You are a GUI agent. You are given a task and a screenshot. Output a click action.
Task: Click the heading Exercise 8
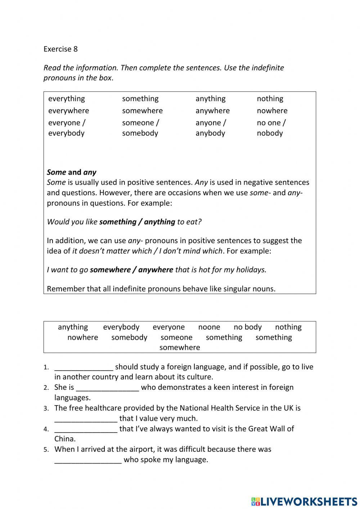pos(60,49)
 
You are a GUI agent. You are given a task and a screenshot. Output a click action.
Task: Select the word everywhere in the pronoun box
pos(68,111)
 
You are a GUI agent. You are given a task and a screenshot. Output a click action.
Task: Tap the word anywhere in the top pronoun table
pos(212,111)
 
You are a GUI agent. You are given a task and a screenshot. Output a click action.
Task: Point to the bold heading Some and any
pos(71,172)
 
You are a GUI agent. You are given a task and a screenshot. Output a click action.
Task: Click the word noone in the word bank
pos(209,327)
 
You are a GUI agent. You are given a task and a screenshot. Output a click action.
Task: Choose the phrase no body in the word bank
pos(247,327)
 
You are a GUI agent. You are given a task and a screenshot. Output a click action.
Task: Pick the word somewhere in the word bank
pos(180,347)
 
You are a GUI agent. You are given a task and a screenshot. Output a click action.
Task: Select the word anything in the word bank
pos(73,327)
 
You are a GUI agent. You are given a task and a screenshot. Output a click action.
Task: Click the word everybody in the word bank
pos(121,327)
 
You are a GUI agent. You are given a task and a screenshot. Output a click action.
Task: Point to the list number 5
pos(46,450)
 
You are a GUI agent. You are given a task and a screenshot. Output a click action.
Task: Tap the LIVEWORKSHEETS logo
pos(304,501)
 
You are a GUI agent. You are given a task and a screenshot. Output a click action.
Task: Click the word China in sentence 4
pos(65,439)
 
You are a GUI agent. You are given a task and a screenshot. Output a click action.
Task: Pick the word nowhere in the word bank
pos(82,337)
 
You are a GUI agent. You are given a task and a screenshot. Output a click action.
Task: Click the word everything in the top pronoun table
pos(67,99)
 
